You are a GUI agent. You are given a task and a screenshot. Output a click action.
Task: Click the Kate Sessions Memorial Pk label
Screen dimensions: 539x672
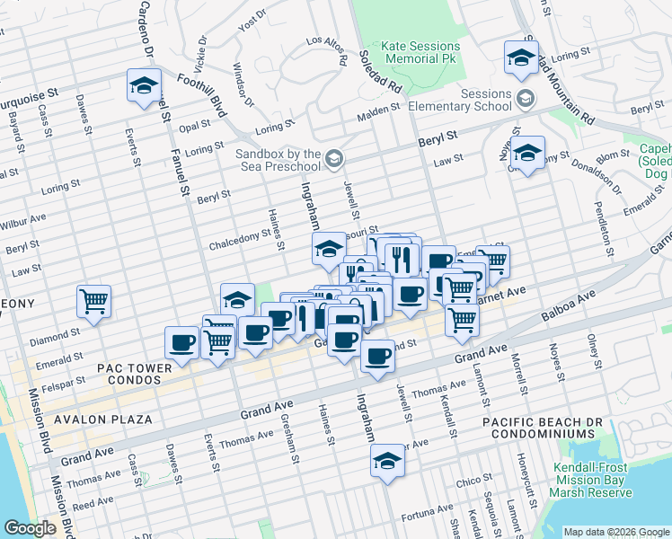click(420, 52)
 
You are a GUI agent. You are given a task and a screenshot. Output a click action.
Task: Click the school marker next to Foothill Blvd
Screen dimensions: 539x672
click(144, 86)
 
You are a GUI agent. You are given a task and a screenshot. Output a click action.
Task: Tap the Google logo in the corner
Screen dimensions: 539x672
click(31, 528)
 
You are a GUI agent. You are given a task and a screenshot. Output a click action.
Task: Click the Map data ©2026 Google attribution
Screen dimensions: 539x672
click(615, 532)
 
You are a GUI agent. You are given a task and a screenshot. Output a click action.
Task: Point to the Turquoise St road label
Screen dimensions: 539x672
click(27, 93)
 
